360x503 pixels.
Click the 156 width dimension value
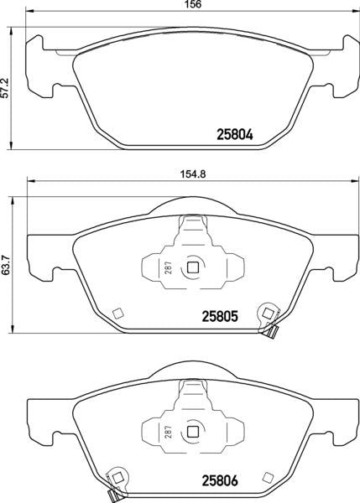pos(193,4)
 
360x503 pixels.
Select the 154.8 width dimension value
pos(193,174)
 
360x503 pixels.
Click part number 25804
pos(235,135)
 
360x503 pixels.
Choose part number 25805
pos(220,317)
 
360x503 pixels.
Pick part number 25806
pos(220,480)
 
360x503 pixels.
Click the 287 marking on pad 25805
pos(169,267)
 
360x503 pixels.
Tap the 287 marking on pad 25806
pos(169,432)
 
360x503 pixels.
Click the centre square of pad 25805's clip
pos(193,267)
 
